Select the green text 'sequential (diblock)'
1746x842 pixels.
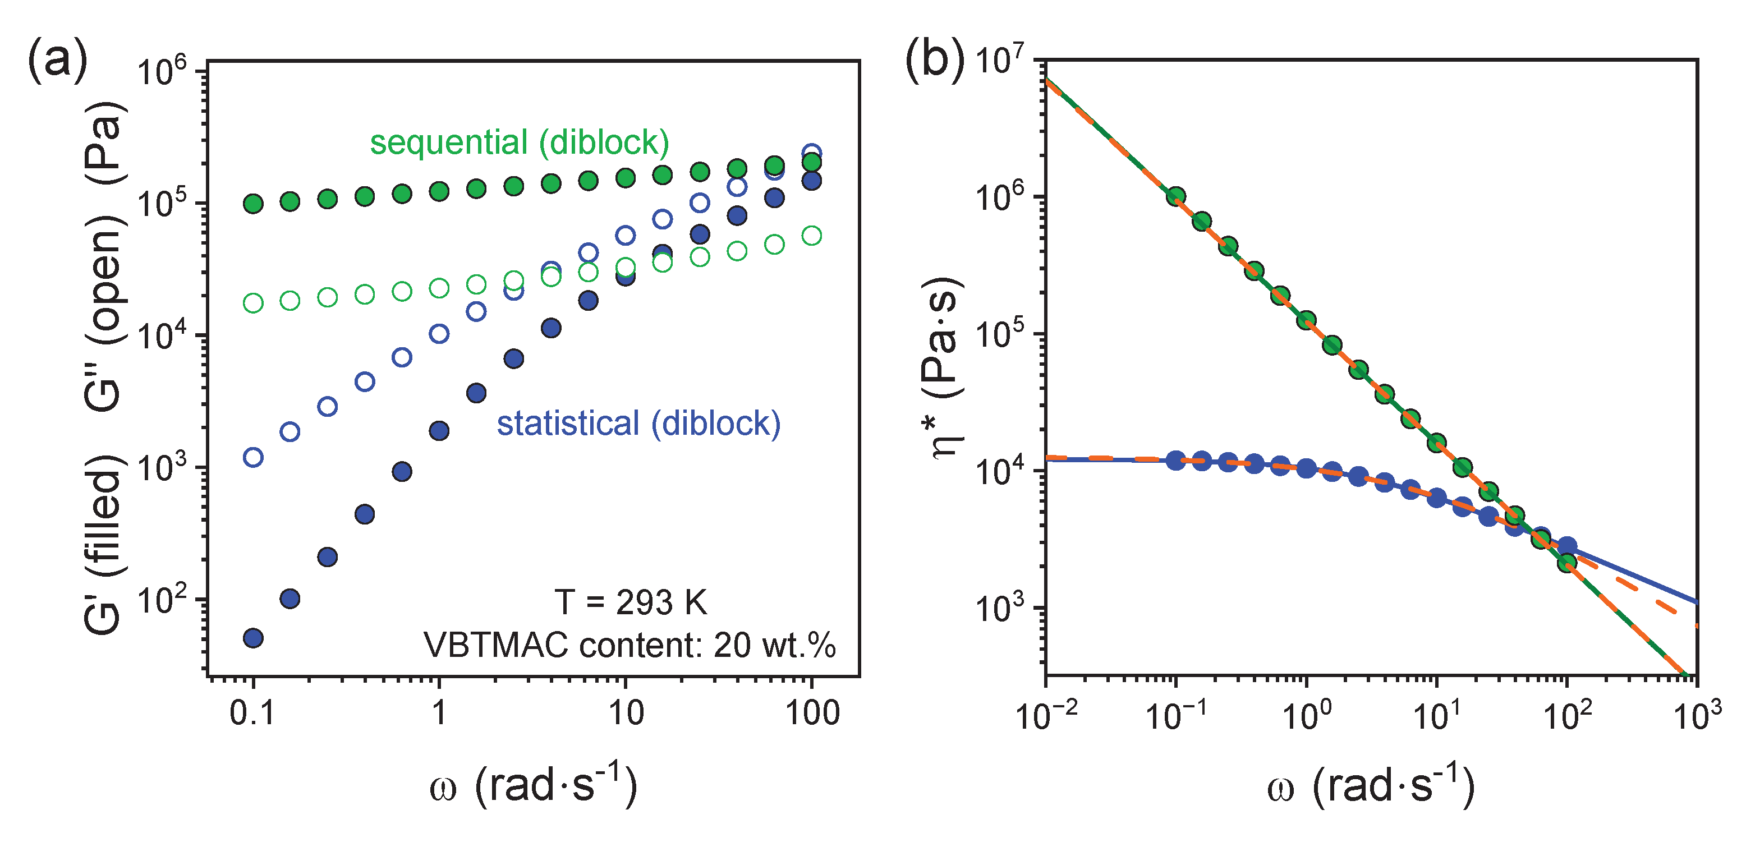click(519, 142)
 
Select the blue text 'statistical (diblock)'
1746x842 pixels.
click(638, 424)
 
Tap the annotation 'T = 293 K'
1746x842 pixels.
click(631, 602)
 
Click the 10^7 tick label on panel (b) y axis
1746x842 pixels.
click(1000, 61)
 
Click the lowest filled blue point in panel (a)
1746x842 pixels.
click(253, 638)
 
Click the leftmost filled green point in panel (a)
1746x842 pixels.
click(253, 204)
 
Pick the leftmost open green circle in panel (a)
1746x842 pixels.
click(253, 302)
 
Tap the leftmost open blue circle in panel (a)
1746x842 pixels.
click(253, 457)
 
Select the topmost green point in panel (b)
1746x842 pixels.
click(1176, 196)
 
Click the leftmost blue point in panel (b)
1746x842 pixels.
click(1176, 461)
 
